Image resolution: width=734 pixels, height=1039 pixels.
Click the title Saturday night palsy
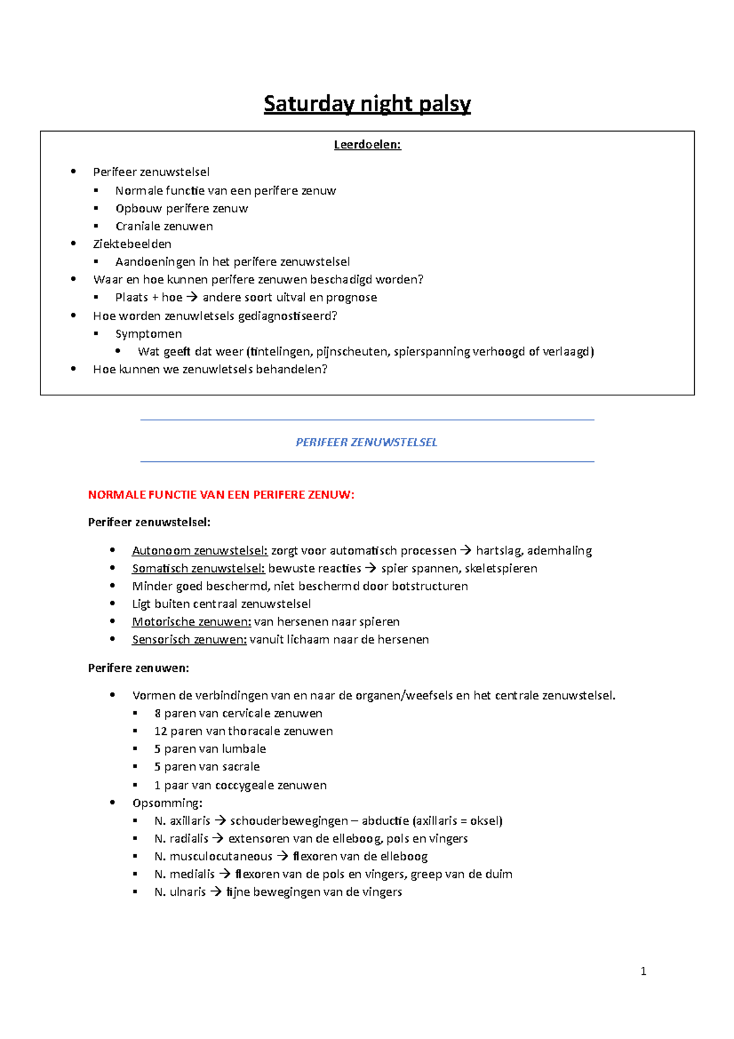(367, 104)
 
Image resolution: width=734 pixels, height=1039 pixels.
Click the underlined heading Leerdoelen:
(367, 145)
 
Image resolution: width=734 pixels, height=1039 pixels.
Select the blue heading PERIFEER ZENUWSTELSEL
(366, 442)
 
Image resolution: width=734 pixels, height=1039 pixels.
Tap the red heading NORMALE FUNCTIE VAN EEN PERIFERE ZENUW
(221, 495)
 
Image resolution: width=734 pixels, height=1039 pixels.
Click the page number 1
(643, 971)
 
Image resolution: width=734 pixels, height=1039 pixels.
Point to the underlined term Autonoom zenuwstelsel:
(199, 551)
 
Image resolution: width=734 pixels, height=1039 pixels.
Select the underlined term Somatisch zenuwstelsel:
(198, 568)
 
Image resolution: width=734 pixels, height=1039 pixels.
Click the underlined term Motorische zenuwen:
(191, 622)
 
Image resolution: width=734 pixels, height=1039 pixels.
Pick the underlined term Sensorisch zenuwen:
(189, 639)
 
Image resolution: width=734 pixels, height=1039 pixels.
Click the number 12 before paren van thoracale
(160, 731)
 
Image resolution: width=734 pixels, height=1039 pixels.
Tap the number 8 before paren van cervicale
(158, 713)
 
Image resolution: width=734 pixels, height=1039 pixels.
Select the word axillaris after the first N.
(190, 821)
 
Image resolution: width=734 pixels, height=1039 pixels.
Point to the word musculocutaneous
(221, 857)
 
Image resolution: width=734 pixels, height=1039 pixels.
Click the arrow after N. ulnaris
(216, 892)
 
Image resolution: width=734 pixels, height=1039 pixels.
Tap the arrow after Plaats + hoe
(192, 297)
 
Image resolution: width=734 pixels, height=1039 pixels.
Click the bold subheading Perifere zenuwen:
(138, 668)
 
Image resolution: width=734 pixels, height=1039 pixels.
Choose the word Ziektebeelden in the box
(132, 244)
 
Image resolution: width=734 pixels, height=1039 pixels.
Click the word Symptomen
(149, 334)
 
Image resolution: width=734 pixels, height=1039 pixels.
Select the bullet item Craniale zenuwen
(164, 226)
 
